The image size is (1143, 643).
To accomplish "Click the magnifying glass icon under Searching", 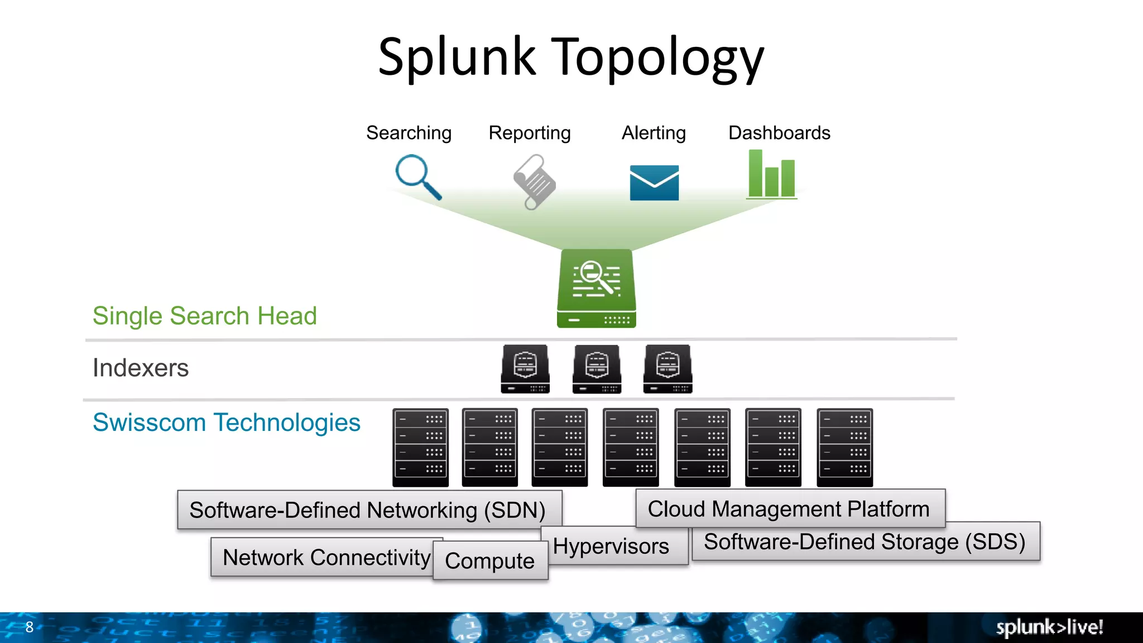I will click(x=417, y=177).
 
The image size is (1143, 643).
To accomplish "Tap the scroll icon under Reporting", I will click(x=534, y=182).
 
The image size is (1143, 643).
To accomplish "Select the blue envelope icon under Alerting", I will click(x=654, y=183).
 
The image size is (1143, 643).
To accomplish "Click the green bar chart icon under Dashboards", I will click(x=772, y=174).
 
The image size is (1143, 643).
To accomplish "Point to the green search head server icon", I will click(x=597, y=288).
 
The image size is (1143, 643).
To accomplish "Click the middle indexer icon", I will click(x=597, y=369).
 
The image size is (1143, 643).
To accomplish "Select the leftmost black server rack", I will click(x=420, y=447).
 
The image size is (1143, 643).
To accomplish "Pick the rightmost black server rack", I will click(x=844, y=447).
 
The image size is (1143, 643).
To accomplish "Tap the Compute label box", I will click(x=490, y=561).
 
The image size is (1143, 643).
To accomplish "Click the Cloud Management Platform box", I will click(x=789, y=508).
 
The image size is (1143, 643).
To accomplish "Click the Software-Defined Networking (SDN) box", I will click(x=368, y=510).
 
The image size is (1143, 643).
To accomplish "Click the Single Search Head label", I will click(x=205, y=316).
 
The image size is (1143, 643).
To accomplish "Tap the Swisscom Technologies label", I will click(x=227, y=423).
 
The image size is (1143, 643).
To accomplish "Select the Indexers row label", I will click(x=141, y=368).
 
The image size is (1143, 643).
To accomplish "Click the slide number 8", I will click(x=30, y=627).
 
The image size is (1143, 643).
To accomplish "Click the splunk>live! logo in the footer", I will click(x=1049, y=627).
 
